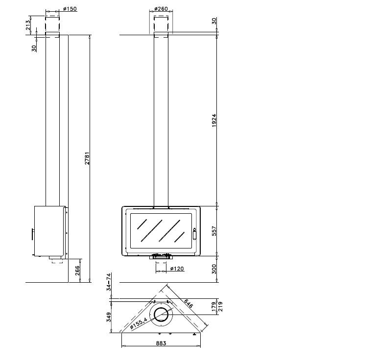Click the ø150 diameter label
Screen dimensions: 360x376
coord(70,9)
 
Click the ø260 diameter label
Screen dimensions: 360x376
coord(161,9)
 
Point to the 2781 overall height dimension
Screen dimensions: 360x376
coord(87,158)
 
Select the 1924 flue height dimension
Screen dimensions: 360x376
coord(214,120)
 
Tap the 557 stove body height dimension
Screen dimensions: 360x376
coord(214,231)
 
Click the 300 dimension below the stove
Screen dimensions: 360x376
coord(214,269)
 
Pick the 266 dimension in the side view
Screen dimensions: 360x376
coord(77,270)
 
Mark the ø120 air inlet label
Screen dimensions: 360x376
coord(177,269)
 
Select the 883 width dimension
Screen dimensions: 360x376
coord(161,343)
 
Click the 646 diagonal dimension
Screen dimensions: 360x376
coord(188,303)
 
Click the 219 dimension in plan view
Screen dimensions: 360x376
coord(220,306)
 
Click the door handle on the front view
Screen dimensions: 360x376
coord(194,234)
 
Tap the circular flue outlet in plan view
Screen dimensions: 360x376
coord(161,315)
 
